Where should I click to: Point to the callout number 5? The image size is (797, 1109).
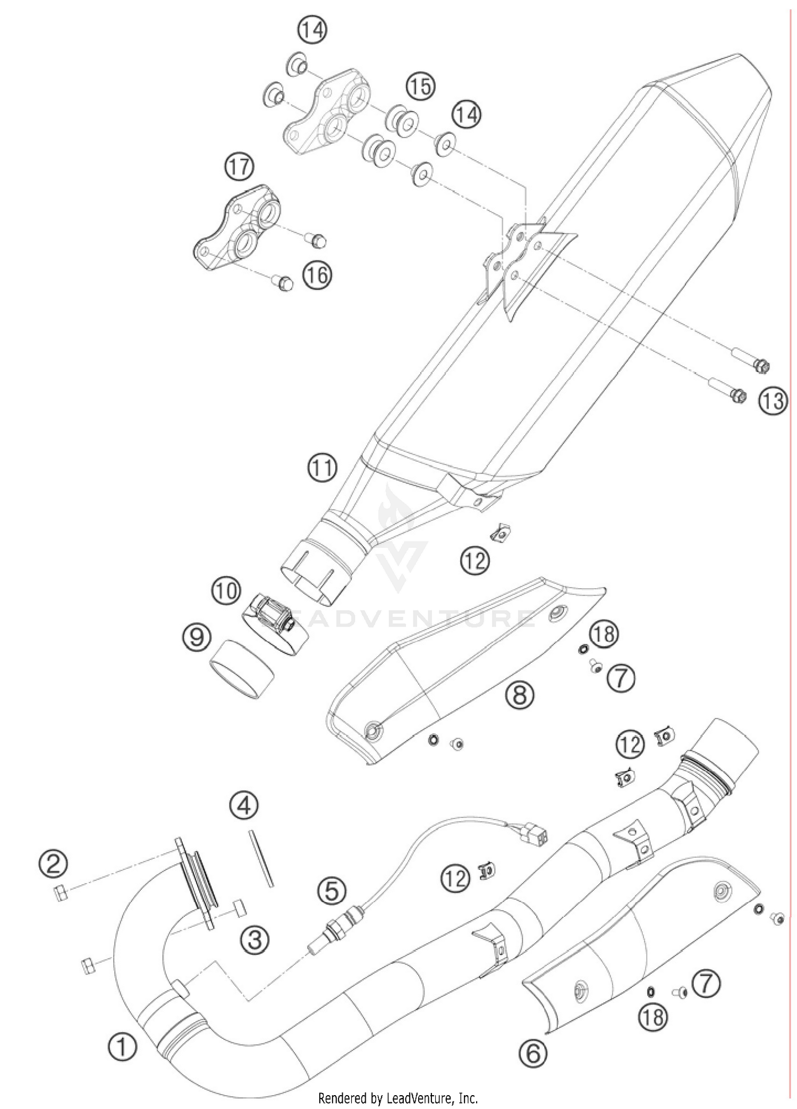(x=331, y=890)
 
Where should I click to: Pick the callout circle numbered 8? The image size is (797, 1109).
(x=519, y=694)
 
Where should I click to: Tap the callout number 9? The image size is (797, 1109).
(x=196, y=637)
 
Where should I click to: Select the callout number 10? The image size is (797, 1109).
(x=226, y=590)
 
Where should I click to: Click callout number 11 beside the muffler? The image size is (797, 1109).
(x=323, y=468)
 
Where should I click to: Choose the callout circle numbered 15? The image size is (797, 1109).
(x=421, y=86)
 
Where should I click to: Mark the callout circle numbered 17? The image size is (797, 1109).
(x=239, y=167)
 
